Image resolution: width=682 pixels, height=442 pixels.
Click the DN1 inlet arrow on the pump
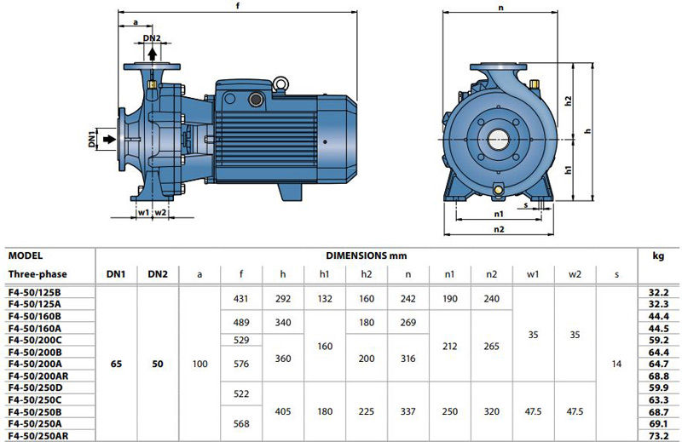[x=110, y=139]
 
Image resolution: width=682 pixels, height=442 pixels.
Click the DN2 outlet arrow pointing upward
[x=153, y=54]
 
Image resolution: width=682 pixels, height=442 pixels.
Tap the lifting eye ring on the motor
[x=280, y=84]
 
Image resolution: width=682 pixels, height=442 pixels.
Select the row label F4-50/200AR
[x=38, y=376]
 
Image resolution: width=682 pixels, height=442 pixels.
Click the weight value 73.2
[x=658, y=436]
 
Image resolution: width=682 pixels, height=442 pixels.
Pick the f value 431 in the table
[x=240, y=299]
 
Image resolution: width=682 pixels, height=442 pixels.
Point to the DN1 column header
[x=116, y=274]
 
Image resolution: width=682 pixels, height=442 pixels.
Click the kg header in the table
[x=658, y=256]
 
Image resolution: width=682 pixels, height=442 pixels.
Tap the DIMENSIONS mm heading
[x=367, y=255]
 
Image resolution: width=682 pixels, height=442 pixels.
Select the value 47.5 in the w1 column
[x=533, y=411]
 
